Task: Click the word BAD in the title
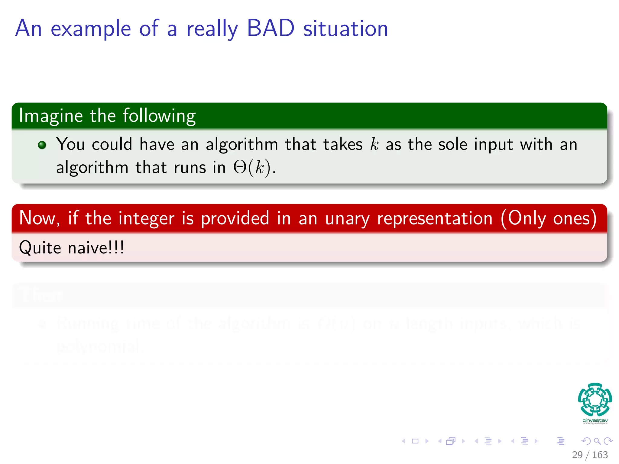coord(271,28)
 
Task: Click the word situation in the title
coord(345,28)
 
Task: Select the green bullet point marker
coord(42,145)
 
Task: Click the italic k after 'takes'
coord(374,144)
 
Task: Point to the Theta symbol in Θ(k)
coord(240,167)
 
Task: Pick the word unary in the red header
coord(347,218)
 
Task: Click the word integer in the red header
coord(146,218)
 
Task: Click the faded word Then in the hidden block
coord(41,295)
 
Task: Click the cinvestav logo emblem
coord(595,399)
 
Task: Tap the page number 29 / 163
coord(590,455)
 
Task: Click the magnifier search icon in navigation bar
coord(597,441)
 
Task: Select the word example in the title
coord(91,29)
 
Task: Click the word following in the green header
coord(159,116)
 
